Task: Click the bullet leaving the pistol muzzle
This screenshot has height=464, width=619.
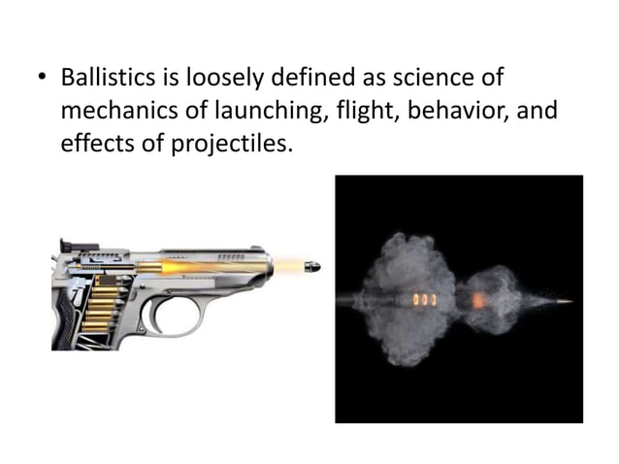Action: tap(310, 264)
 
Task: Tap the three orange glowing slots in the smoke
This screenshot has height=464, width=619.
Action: tap(421, 299)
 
